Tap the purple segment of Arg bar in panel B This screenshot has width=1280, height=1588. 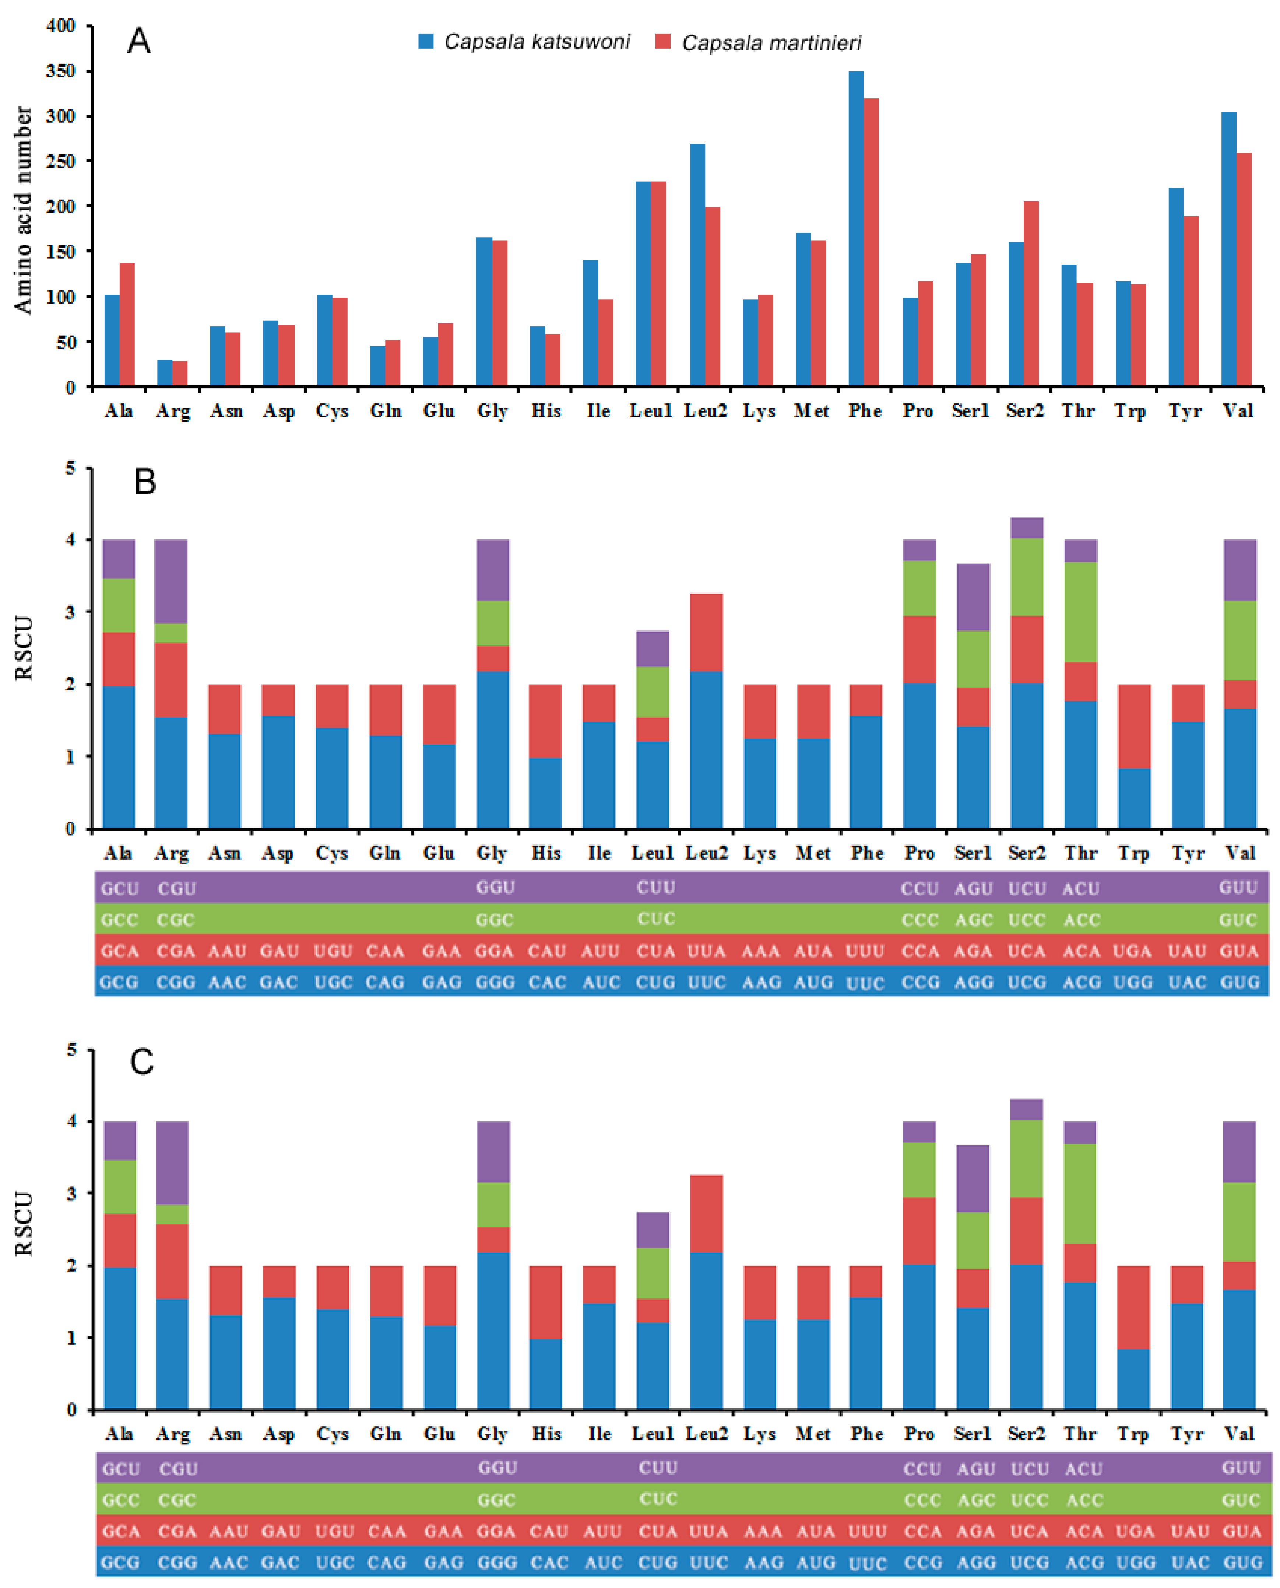[x=171, y=581]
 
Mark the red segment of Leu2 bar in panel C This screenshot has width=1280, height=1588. [x=706, y=1213]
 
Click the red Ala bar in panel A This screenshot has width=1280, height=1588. [x=127, y=325]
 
